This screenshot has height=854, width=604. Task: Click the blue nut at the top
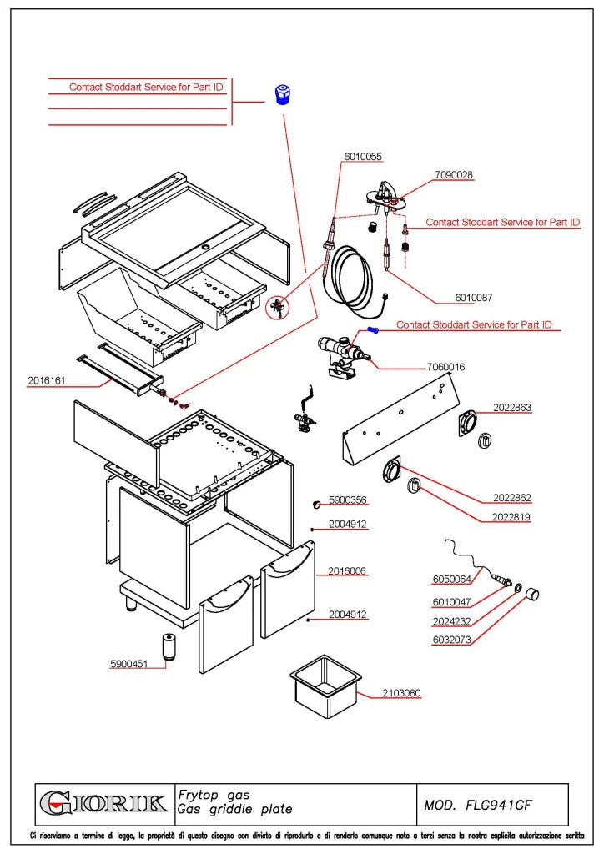click(x=283, y=95)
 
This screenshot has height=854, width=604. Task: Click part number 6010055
click(x=363, y=157)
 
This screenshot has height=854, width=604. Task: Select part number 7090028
click(x=454, y=175)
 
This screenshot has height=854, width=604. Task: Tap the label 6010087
click(x=473, y=298)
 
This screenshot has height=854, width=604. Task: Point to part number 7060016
click(x=445, y=367)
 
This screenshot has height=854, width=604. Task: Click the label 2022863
click(x=512, y=407)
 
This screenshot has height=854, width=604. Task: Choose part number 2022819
click(x=511, y=517)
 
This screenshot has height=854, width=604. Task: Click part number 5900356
click(x=348, y=500)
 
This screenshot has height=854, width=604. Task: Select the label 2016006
click(x=347, y=570)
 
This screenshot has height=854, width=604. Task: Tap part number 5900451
click(x=129, y=664)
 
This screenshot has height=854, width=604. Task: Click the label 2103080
click(x=401, y=693)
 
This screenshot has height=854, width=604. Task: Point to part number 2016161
click(x=46, y=380)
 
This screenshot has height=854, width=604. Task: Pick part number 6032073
click(x=451, y=640)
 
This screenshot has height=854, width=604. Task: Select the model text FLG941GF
click(x=498, y=805)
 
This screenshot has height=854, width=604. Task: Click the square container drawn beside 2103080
click(x=325, y=686)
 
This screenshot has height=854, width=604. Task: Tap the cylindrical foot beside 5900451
click(x=169, y=646)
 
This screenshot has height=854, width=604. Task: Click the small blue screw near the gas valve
click(x=373, y=329)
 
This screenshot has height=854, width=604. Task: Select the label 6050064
click(x=451, y=579)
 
